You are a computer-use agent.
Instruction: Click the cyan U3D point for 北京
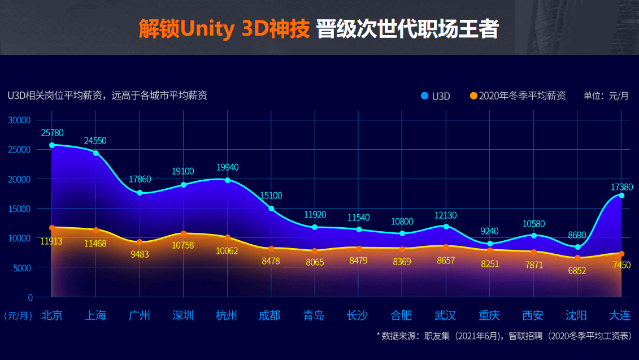[52, 145]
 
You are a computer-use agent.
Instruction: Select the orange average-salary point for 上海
[96, 230]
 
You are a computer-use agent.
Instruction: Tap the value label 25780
[52, 133]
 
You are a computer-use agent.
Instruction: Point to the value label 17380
[621, 186]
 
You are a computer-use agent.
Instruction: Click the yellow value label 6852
[577, 271]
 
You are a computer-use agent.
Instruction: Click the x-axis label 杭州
[227, 315]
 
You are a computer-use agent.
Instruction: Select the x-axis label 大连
[620, 315]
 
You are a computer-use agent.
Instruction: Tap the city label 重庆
[489, 315]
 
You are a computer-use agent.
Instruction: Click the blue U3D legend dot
[425, 96]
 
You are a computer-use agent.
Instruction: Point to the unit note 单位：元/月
[606, 96]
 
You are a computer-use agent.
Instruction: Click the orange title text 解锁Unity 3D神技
[224, 29]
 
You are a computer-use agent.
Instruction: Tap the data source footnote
[504, 336]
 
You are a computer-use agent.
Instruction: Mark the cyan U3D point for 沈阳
[577, 247]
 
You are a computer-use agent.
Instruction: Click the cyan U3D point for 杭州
[228, 180]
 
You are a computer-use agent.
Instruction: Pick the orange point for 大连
[621, 254]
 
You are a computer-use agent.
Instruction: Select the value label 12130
[446, 215]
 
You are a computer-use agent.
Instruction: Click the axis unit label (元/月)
[18, 315]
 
